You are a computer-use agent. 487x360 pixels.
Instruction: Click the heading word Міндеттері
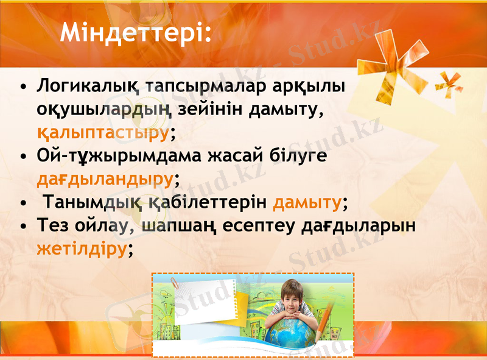tap(135, 33)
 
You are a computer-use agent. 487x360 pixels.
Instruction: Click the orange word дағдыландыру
tap(105, 179)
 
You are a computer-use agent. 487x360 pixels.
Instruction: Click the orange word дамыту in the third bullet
tap(307, 202)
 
